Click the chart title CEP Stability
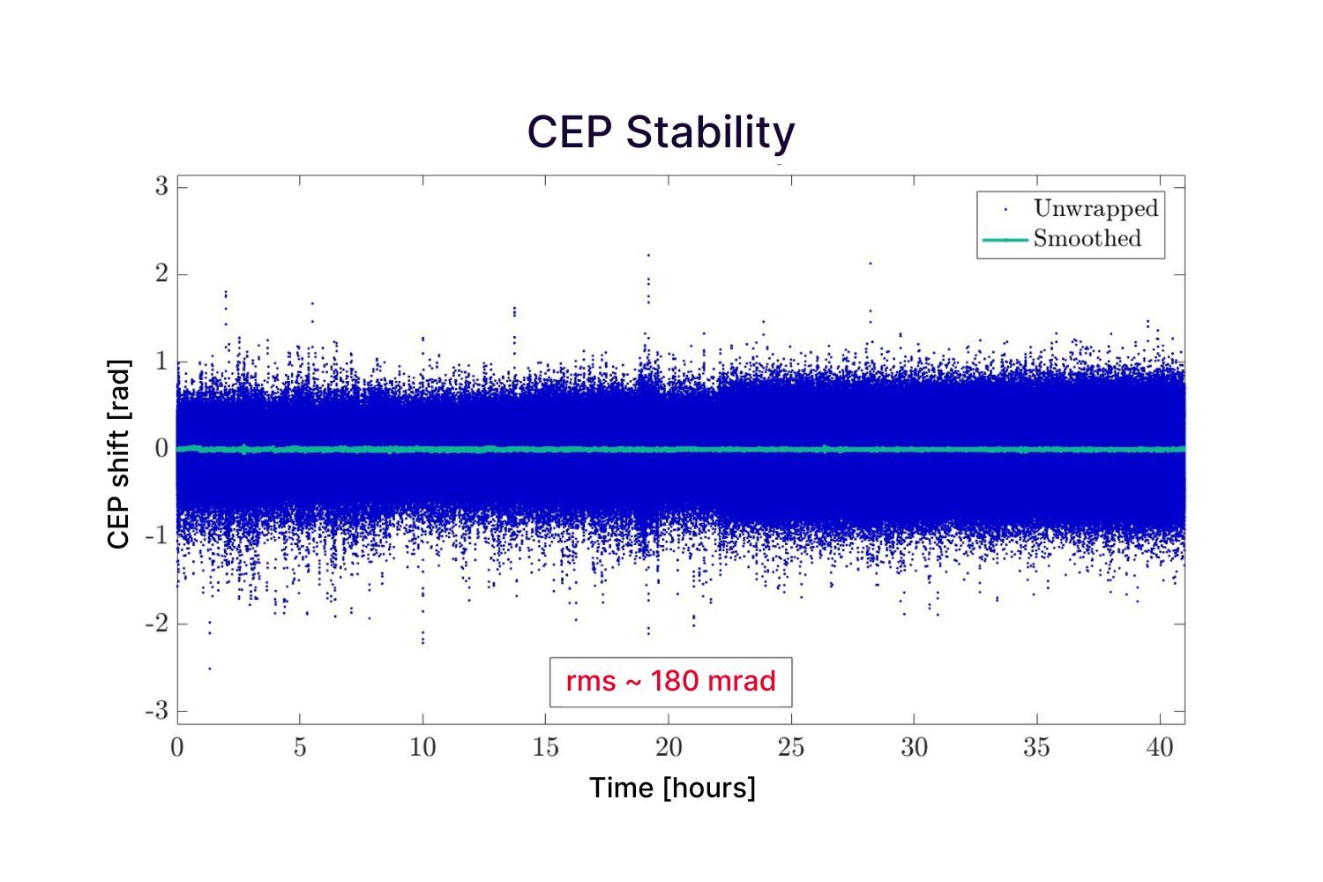pos(661,132)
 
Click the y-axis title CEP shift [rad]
pos(118,453)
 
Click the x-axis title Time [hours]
pos(672,788)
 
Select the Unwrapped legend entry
pos(1095,209)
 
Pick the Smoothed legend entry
pos(1087,239)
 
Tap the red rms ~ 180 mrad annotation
pos(670,682)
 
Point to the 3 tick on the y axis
pos(161,187)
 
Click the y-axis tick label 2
pos(161,274)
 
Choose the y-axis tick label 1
pos(161,362)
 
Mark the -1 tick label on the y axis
pos(157,536)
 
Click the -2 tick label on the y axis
pos(157,624)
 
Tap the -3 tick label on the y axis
pos(157,711)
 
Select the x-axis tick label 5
pos(300,748)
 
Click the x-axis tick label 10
pos(422,748)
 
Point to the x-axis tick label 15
pos(545,748)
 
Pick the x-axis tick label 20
pos(669,748)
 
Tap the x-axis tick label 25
pos(791,748)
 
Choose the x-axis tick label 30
pos(914,748)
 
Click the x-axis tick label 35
pos(1036,748)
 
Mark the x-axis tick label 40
pos(1160,748)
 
